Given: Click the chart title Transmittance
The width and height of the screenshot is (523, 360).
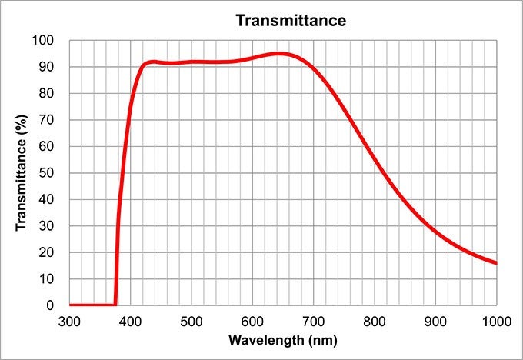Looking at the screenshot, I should point(291,20).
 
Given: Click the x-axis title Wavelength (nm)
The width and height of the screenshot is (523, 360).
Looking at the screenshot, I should point(283,339).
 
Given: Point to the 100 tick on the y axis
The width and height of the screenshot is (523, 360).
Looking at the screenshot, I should point(44,41).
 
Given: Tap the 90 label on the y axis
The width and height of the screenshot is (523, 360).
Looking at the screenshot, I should point(47,67).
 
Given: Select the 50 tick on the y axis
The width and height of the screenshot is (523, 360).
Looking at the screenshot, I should point(47,173).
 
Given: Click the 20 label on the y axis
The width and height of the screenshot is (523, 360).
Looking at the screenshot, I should point(47,252).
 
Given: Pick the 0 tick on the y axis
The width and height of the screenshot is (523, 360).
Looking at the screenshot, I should point(50,305).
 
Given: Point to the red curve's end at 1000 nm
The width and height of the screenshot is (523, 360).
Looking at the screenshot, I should point(496,263).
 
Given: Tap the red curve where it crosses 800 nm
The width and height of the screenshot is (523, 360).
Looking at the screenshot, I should point(375,159).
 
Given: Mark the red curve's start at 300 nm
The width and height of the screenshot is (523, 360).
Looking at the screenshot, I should point(70,305).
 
